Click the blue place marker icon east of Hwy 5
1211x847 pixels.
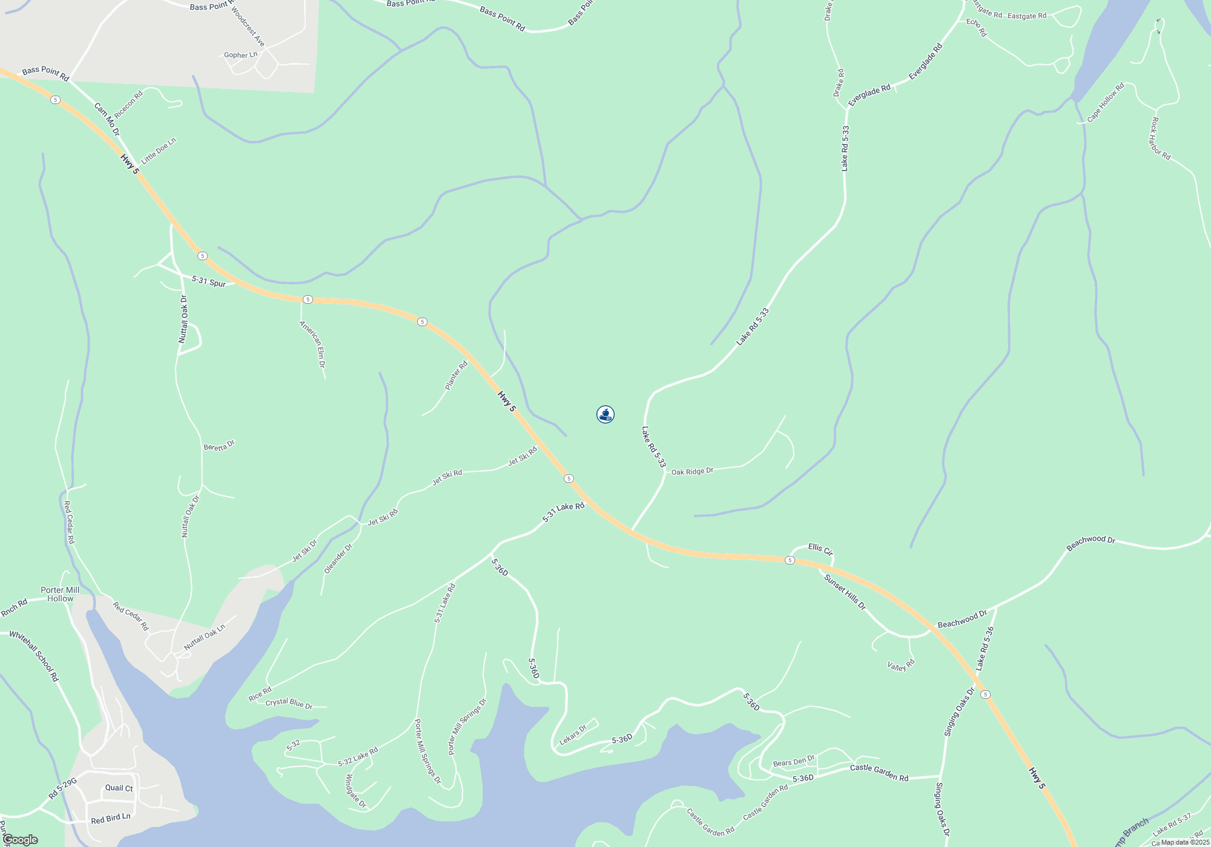[605, 414]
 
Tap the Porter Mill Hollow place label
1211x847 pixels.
[60, 594]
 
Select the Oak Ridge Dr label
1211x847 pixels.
[692, 471]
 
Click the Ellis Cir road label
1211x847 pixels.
[820, 549]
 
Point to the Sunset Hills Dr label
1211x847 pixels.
[845, 592]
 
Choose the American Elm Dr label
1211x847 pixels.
[312, 344]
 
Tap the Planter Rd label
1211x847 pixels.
[457, 376]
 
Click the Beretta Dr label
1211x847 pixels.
[219, 446]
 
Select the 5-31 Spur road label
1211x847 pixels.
[209, 281]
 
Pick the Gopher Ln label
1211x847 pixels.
[240, 55]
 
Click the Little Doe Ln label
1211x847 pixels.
[158, 151]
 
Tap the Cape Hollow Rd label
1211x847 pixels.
[1105, 102]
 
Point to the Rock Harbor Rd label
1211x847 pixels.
[1160, 139]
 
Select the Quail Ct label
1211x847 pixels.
[119, 788]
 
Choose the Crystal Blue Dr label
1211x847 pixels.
[289, 703]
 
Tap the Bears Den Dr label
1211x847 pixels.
[794, 761]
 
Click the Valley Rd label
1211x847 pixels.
[901, 665]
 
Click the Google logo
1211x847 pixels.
[20, 840]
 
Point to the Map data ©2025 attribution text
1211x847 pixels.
[1185, 842]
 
